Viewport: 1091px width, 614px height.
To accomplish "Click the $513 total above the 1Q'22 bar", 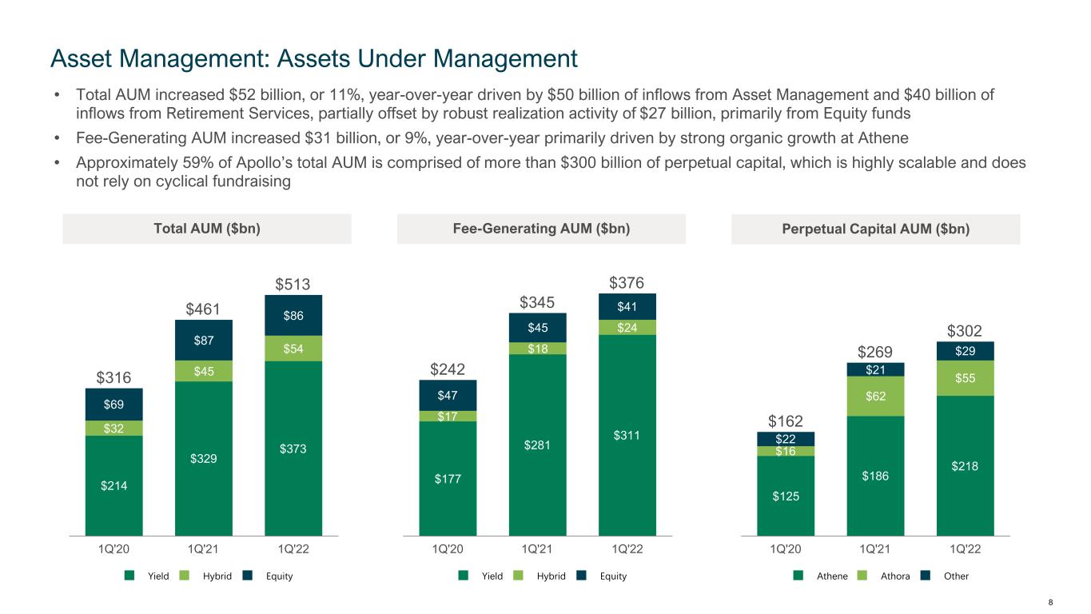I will [293, 285].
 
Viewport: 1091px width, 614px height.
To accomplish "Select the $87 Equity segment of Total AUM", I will [203, 341].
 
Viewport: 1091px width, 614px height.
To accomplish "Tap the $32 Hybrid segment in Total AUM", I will [113, 428].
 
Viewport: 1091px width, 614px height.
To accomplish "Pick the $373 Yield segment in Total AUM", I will [293, 449].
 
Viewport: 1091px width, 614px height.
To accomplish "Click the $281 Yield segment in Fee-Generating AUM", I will [537, 445].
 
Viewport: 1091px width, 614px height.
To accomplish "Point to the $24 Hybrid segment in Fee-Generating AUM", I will [627, 327].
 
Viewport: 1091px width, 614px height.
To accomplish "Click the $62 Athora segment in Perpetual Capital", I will [875, 396].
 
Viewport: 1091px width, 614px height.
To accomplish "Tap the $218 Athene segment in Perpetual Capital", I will [965, 465].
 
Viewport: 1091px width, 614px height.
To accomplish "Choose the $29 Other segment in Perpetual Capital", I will [965, 351].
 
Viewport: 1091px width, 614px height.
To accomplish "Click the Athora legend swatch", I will [862, 576].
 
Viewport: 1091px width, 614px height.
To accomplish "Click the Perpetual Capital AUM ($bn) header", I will [875, 229].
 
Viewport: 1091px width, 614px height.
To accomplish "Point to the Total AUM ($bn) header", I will [206, 229].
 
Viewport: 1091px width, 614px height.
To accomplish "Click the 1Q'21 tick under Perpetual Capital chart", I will [875, 549].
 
